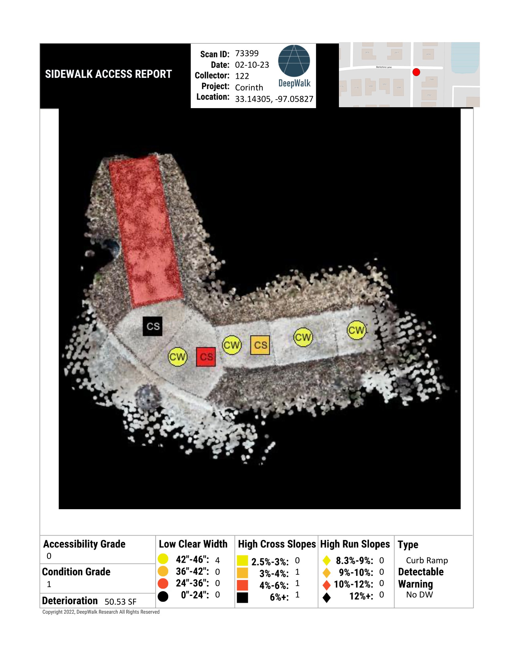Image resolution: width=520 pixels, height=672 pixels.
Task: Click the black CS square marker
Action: (153, 326)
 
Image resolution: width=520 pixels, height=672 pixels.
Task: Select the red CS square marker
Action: (206, 357)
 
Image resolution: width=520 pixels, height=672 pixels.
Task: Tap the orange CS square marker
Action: (260, 345)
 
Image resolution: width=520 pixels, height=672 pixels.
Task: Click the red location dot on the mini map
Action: (416, 72)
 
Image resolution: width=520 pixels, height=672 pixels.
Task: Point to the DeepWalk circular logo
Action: (294, 61)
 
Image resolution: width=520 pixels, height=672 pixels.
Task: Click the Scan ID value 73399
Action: (247, 53)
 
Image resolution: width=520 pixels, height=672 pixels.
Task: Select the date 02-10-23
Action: (252, 65)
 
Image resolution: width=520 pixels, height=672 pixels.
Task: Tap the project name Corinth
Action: (249, 88)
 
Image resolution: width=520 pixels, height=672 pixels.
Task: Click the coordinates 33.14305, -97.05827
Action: (274, 99)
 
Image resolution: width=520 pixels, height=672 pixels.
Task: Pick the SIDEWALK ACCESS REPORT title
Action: (109, 74)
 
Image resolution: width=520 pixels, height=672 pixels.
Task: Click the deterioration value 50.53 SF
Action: (121, 601)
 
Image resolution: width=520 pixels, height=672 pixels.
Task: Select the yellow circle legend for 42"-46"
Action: (163, 559)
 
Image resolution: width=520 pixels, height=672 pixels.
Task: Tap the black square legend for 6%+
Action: (243, 597)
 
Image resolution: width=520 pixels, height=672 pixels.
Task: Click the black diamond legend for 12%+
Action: (327, 597)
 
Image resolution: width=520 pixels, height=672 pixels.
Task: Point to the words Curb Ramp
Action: (427, 561)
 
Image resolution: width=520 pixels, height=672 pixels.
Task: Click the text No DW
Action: (419, 594)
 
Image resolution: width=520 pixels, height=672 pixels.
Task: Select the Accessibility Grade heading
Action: (84, 544)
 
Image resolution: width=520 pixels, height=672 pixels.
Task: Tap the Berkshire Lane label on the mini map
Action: (384, 67)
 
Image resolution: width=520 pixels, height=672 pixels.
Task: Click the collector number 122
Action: (242, 76)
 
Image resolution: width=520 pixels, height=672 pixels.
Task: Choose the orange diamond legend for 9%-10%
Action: (327, 573)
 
